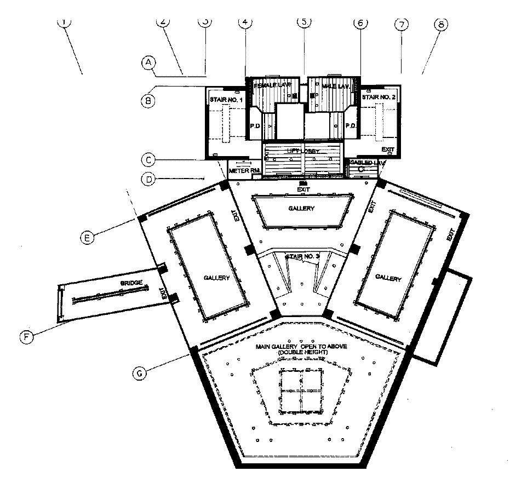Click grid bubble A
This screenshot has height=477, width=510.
pyautogui.click(x=147, y=63)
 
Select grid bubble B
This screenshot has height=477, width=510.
pyautogui.click(x=147, y=100)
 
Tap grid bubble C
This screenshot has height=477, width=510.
pyautogui.click(x=147, y=160)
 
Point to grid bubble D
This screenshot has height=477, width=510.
pyautogui.click(x=147, y=179)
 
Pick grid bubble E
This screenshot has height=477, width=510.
pyautogui.click(x=87, y=237)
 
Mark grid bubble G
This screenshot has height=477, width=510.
pyautogui.click(x=140, y=373)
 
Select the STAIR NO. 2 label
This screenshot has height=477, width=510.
pyautogui.click(x=379, y=97)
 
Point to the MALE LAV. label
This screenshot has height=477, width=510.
pyautogui.click(x=333, y=87)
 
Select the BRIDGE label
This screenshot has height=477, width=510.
pyautogui.click(x=131, y=283)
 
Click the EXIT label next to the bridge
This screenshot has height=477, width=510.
pyautogui.click(x=163, y=294)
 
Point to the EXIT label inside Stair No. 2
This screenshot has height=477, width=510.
pyautogui.click(x=388, y=149)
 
